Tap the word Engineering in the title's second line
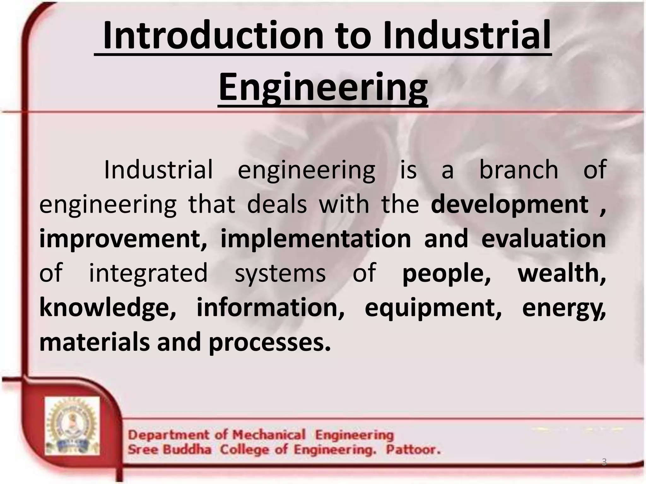click(323, 87)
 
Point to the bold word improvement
click(122, 239)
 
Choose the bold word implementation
click(315, 239)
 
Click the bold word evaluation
click(543, 239)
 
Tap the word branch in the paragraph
click(519, 170)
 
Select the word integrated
click(148, 273)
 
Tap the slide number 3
click(604, 462)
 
